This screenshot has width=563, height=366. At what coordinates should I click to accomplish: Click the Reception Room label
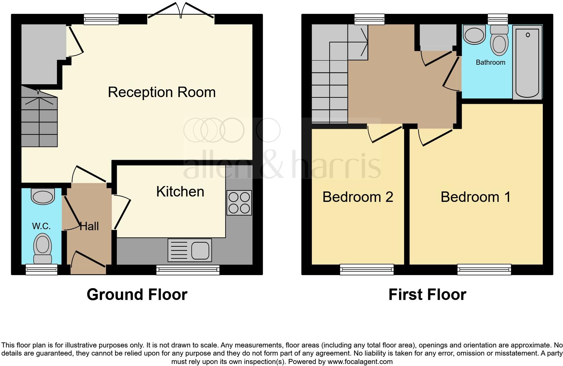[162, 92]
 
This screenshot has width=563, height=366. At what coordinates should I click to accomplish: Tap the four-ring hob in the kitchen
[239, 203]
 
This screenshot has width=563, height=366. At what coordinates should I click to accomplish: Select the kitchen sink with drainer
[190, 250]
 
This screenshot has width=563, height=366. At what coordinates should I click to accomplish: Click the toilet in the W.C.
[43, 249]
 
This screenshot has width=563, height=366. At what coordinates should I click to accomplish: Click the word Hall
[89, 226]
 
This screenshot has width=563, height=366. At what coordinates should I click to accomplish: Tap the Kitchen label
[180, 192]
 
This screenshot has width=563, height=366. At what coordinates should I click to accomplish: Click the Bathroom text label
[490, 62]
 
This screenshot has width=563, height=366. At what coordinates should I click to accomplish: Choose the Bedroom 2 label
[358, 197]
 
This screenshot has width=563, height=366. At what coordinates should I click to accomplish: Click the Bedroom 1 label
[475, 197]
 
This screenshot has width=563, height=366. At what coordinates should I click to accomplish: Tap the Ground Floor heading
[137, 295]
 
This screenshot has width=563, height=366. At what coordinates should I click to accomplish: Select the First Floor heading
[427, 295]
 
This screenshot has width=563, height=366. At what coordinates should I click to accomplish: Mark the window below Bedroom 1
[484, 269]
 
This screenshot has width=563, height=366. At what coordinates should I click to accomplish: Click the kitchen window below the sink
[188, 270]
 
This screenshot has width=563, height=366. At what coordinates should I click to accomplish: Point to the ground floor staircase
[39, 121]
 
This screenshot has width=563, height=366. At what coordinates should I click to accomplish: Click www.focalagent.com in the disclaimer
[360, 362]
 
